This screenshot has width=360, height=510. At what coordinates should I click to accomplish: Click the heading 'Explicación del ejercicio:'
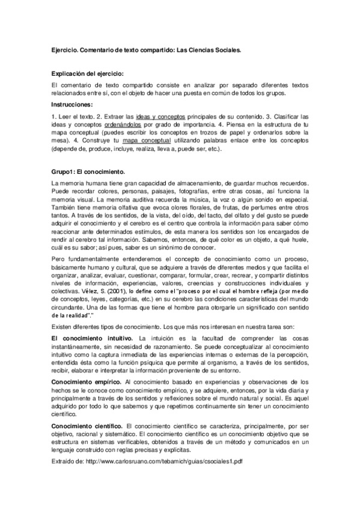tap(88, 73)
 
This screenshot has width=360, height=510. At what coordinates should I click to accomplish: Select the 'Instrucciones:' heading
tap(73, 105)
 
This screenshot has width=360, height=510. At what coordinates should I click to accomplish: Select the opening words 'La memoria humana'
tap(79, 182)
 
